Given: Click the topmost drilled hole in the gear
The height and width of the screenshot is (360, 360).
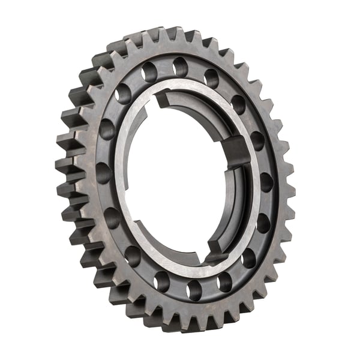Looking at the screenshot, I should coord(181,67).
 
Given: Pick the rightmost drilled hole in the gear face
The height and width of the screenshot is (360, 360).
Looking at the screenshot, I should coord(266,182).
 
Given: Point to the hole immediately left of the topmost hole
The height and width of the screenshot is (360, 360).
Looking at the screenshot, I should coord(149,73).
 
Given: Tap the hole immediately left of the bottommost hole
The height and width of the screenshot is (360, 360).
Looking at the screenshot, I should coord(162,281).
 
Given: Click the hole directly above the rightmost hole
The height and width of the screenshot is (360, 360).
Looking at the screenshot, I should coord(257,141).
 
